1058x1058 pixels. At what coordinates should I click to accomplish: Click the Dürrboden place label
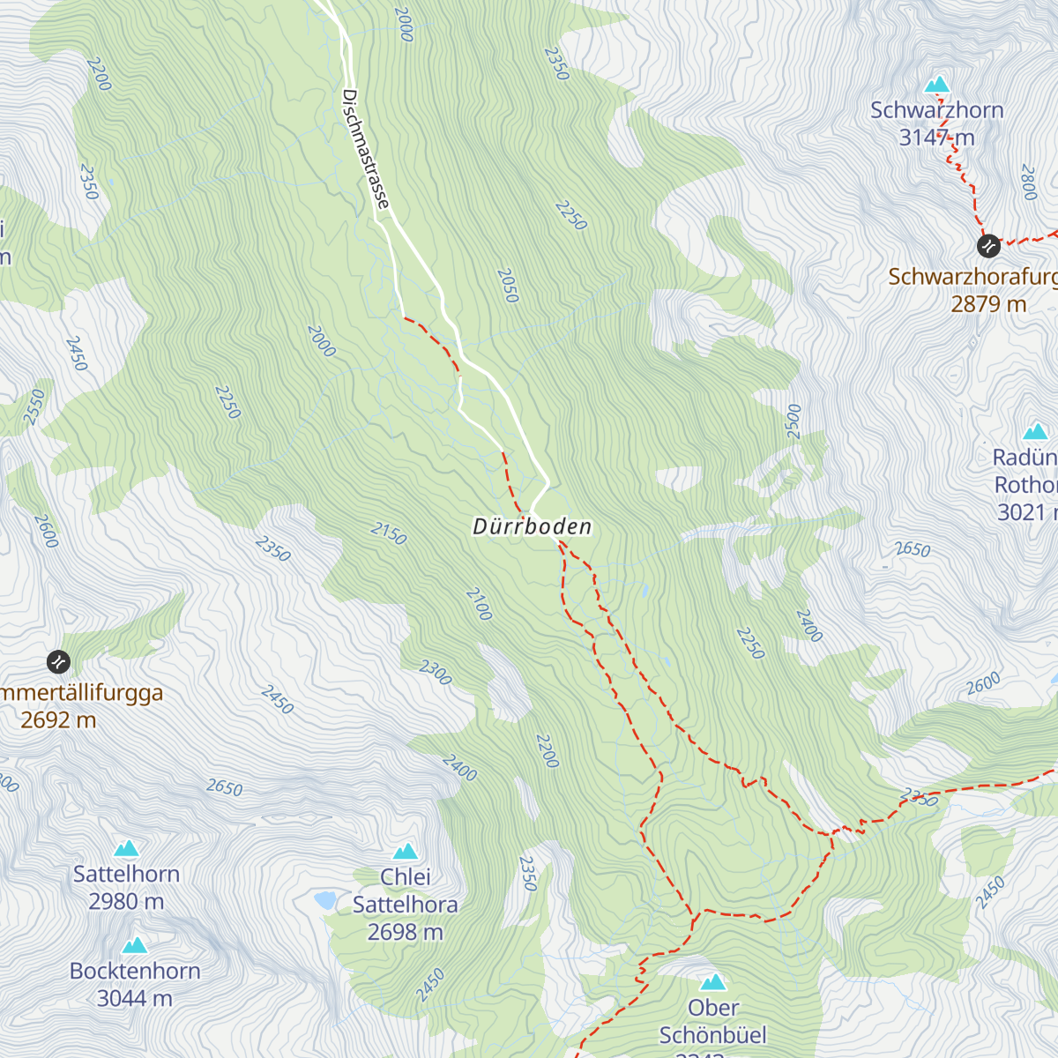533,526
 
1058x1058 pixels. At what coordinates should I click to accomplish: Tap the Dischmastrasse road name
365,149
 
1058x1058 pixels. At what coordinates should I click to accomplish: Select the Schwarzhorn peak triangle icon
936,85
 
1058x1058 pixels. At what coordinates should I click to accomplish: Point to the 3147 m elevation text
936,138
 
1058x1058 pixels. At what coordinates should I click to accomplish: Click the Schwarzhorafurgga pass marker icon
988,245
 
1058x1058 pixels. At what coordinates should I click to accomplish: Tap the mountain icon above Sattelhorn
127,848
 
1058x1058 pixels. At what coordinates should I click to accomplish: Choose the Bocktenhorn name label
135,971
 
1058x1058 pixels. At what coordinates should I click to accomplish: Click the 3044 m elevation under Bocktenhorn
134,998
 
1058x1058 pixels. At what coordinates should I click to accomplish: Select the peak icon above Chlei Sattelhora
406,851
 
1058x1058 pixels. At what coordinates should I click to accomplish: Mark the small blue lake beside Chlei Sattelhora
325,900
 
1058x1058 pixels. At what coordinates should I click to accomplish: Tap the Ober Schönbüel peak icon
712,981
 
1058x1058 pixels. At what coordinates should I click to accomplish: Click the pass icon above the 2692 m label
58,661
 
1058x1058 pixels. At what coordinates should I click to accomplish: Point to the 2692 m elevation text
58,719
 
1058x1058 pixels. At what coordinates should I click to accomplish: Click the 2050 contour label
507,286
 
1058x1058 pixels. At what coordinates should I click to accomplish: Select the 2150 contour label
388,533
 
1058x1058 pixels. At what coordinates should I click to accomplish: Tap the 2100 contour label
478,604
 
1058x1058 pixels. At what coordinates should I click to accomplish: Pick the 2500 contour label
793,421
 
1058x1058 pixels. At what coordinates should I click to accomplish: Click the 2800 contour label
1028,183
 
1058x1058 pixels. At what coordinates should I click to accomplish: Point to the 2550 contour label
34,407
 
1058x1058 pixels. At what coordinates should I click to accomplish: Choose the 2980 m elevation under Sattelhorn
126,901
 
